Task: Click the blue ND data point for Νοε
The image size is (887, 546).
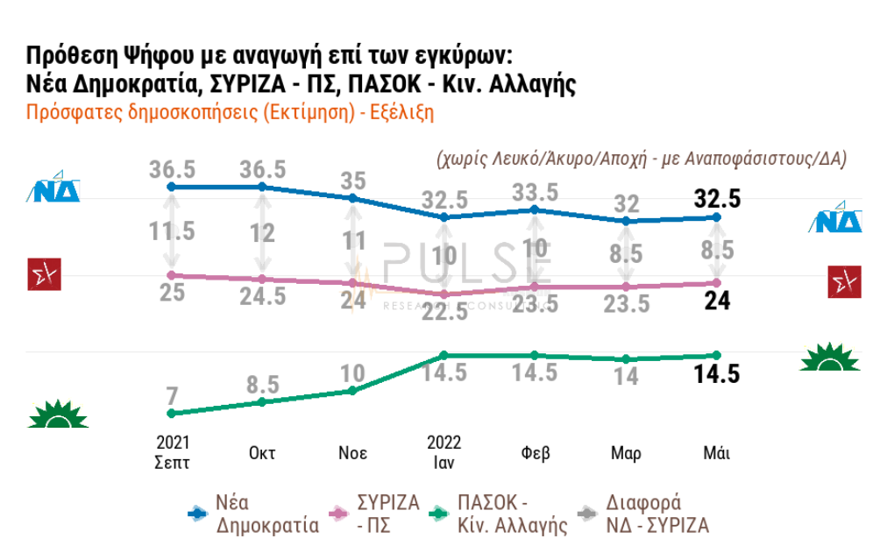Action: tap(353, 198)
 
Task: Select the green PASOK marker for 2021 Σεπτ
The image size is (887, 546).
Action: tap(172, 413)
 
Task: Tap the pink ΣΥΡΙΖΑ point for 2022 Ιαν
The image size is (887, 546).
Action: tap(444, 294)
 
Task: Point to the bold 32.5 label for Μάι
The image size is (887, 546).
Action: tap(716, 199)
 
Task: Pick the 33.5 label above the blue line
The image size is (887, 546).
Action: tap(535, 191)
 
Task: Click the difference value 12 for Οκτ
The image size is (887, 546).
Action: tap(262, 234)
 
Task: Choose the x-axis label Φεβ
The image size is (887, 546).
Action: tap(535, 453)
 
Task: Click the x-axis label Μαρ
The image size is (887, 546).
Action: tap(626, 453)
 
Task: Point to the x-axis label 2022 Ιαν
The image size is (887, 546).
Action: tap(444, 451)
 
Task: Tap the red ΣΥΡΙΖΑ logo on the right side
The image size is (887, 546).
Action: tap(844, 282)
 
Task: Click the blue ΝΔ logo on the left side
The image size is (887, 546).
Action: tap(57, 189)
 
